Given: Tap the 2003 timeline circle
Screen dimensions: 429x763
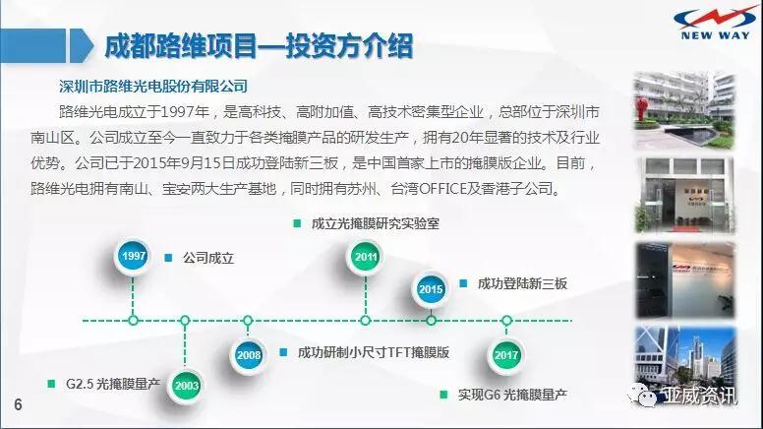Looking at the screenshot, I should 186,385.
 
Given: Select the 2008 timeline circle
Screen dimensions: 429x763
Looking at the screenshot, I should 248,354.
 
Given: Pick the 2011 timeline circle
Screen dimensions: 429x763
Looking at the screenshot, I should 365,258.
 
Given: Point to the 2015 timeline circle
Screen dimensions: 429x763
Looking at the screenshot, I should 431,288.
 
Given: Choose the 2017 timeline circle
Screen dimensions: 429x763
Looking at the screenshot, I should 507,354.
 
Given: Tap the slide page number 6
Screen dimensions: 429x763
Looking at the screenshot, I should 17,405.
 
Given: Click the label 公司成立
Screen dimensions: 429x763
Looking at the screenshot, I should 208,259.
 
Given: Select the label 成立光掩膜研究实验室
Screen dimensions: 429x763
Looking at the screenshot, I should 375,223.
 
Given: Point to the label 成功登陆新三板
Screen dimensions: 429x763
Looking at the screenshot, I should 522,284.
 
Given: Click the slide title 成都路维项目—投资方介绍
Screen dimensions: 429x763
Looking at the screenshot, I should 258,45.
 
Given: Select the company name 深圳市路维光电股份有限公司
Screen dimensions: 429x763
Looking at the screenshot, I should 153,86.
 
